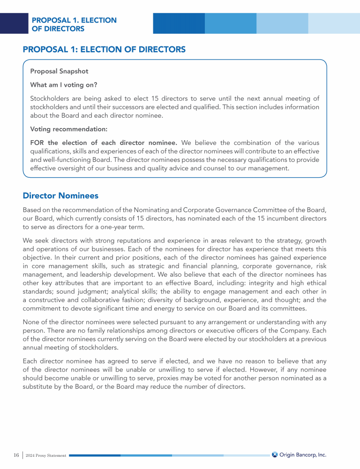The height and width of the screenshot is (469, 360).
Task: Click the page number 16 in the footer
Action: click(16, 455)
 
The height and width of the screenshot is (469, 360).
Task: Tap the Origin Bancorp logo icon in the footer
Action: click(275, 454)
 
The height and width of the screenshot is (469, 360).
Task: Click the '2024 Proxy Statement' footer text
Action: click(46, 455)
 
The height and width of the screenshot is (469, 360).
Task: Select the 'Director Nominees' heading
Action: click(60, 195)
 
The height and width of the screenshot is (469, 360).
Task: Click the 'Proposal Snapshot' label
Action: click(59, 71)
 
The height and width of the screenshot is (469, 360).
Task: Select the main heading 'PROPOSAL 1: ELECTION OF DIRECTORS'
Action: click(104, 49)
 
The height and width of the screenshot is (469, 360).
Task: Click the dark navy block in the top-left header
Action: click(14, 23)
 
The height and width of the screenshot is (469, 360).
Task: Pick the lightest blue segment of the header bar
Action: click(334, 23)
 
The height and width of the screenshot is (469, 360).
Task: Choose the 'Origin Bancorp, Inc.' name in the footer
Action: click(303, 454)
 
